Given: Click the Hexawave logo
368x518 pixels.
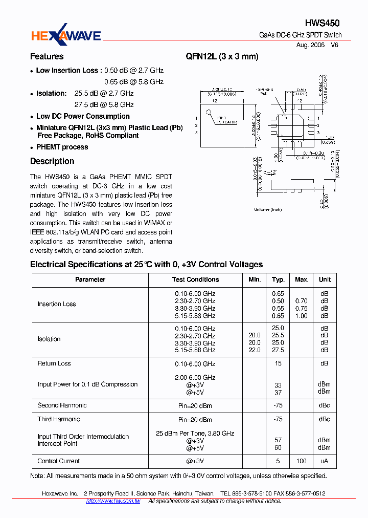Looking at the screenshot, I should (66, 34).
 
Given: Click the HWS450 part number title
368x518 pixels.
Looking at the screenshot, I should (322, 23).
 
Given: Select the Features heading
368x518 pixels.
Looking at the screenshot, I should (47, 56).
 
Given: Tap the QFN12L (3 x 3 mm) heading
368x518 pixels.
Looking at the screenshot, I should (222, 56).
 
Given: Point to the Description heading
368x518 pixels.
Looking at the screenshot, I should (52, 161).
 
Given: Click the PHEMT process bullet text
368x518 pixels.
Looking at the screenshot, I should (62, 147).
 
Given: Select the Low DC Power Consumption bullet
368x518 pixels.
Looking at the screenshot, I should (83, 116).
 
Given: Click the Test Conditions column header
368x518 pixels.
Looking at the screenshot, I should (195, 279).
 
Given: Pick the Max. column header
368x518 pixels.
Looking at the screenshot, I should (302, 279).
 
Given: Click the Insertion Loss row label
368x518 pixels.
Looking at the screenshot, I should (56, 304).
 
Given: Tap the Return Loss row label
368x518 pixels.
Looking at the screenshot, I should (54, 363).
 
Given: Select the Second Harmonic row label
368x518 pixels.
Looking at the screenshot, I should (62, 405).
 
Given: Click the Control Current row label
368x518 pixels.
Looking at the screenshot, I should (59, 461).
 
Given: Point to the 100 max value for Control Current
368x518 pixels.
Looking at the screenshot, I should (302, 461).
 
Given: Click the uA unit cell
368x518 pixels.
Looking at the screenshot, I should (325, 461).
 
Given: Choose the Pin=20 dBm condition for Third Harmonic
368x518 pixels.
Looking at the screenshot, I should (195, 420).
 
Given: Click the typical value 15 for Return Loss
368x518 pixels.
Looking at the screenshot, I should (278, 363).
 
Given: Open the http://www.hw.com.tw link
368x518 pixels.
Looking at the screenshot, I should (113, 501).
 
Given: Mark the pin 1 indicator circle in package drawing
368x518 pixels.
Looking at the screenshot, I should (209, 113).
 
